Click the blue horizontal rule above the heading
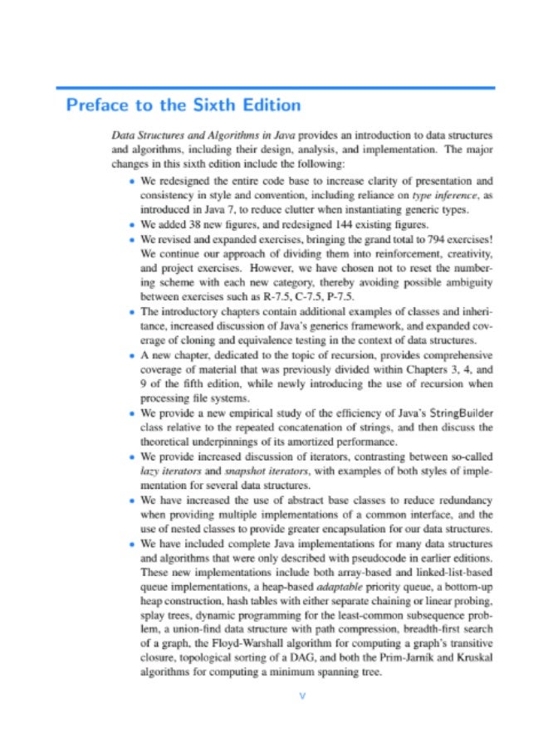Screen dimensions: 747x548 coord(274,87)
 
